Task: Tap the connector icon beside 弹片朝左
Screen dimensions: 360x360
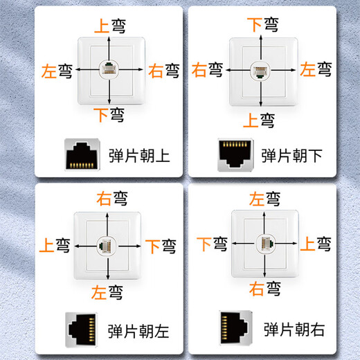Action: coord(82,327)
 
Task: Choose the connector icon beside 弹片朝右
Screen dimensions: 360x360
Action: coord(235,327)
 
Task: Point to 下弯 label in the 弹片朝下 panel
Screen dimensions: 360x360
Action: coord(263,26)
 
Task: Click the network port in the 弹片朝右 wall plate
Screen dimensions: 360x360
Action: coord(264,244)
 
